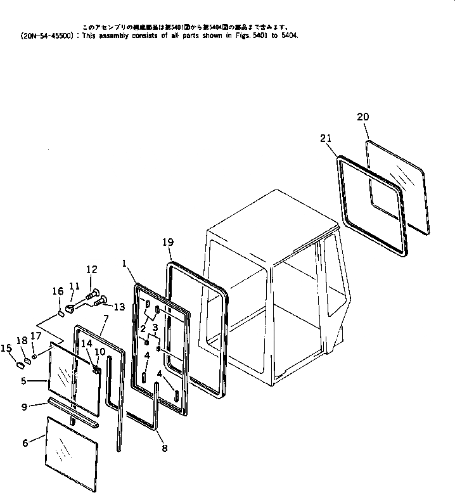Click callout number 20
tap(362, 117)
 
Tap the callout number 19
tap(167, 242)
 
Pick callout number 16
tap(57, 291)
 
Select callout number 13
tap(120, 307)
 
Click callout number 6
tap(25, 444)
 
